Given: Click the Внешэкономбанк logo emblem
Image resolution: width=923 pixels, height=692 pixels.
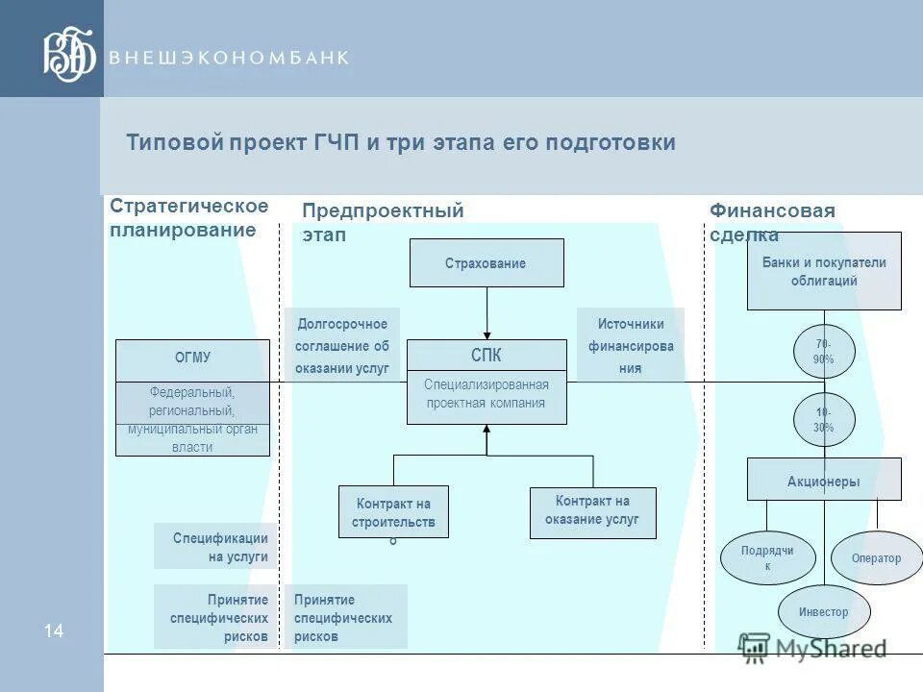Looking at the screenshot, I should point(70,55).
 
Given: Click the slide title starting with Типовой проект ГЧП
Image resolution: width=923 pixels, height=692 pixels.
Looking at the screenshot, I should point(401,143).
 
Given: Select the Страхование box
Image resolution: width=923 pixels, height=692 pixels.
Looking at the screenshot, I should point(486,263).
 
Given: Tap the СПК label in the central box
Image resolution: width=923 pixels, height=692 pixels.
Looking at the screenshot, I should point(486,356).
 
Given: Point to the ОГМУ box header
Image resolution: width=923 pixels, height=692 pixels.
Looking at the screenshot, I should point(192,358).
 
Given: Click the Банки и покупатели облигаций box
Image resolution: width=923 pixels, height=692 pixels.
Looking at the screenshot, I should point(824,271).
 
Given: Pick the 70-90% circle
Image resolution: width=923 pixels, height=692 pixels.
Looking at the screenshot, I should point(824,352).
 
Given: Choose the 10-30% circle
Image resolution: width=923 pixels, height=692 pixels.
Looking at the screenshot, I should point(824,420).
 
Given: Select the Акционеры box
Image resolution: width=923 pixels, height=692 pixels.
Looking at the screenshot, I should point(824,481).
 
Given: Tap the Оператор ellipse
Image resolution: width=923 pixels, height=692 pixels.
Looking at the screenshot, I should point(876,558).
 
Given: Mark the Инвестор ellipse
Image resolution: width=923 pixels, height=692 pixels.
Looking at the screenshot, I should point(823,612).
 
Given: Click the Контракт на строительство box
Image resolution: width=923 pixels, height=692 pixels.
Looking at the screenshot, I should point(393,511).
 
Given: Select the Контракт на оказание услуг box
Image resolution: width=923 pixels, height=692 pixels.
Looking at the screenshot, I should point(592,513).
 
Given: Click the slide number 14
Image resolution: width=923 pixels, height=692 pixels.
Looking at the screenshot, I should point(53,631).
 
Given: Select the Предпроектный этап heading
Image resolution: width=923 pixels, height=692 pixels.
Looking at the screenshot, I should point(383,222).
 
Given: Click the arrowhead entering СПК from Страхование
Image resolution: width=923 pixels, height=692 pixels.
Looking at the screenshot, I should point(486,334).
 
